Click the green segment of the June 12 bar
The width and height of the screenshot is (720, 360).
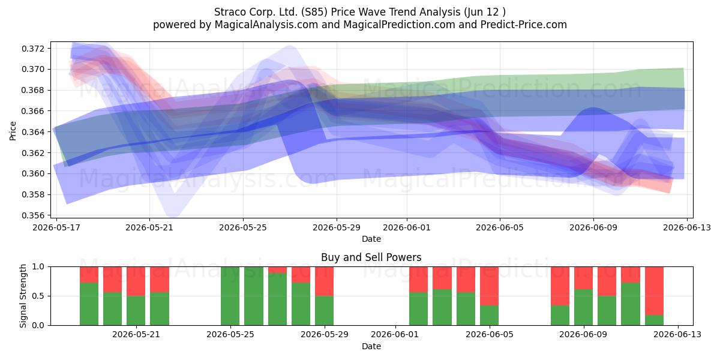[x=654, y=320]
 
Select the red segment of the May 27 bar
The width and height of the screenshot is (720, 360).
[x=277, y=270]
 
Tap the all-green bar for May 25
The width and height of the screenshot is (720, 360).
[x=230, y=296]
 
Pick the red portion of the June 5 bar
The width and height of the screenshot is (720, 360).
[x=489, y=286]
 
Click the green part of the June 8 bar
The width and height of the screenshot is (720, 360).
[x=560, y=316]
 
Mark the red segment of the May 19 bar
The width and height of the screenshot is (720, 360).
[x=89, y=275]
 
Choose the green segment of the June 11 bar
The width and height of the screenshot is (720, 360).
[x=631, y=304]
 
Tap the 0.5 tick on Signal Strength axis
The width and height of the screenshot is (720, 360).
[x=38, y=296]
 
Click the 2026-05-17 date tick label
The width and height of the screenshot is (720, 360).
[x=56, y=227]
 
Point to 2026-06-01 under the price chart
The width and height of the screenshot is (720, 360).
[x=407, y=227]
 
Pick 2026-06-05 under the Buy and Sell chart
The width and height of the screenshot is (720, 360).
[x=490, y=335]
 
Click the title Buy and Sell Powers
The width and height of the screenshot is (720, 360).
[x=371, y=257]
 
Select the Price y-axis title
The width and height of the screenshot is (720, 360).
[x=13, y=131]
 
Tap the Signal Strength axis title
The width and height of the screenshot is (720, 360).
[x=23, y=296]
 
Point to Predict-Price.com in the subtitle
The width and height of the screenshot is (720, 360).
[x=524, y=25]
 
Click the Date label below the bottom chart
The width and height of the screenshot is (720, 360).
[x=371, y=346]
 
